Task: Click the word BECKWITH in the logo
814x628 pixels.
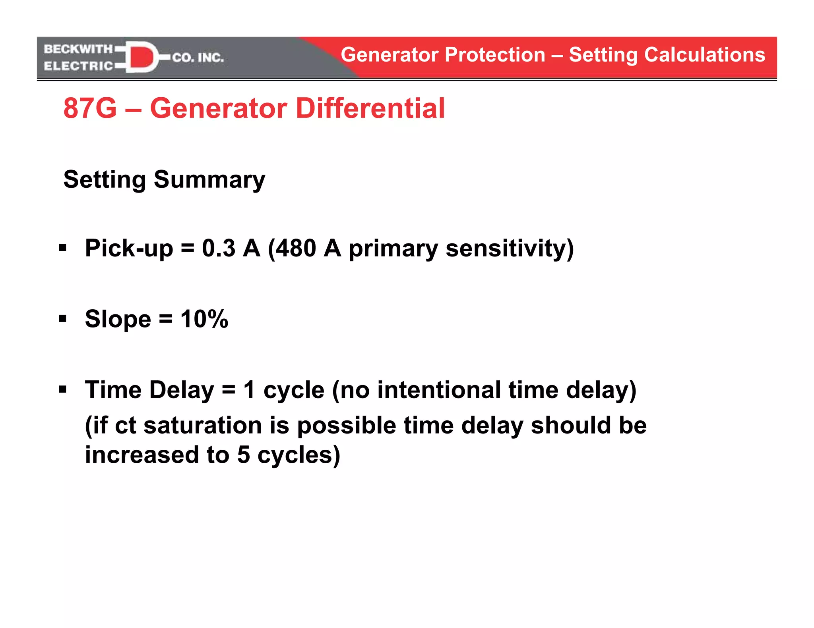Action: [x=78, y=49]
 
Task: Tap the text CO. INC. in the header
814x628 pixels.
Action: [x=198, y=58]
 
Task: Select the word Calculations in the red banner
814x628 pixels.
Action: [x=704, y=55]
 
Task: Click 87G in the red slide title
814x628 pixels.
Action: [x=90, y=108]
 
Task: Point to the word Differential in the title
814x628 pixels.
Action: [x=370, y=108]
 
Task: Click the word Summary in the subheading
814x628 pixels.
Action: [x=209, y=180]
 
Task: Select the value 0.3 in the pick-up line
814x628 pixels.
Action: [x=219, y=249]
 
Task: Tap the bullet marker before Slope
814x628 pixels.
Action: [x=63, y=319]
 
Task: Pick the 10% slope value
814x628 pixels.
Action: [x=204, y=319]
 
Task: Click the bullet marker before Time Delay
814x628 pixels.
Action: [x=63, y=389]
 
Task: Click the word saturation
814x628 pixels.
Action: [x=202, y=426]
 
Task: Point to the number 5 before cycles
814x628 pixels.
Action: [x=243, y=455]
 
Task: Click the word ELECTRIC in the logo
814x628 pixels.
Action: [x=78, y=66]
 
